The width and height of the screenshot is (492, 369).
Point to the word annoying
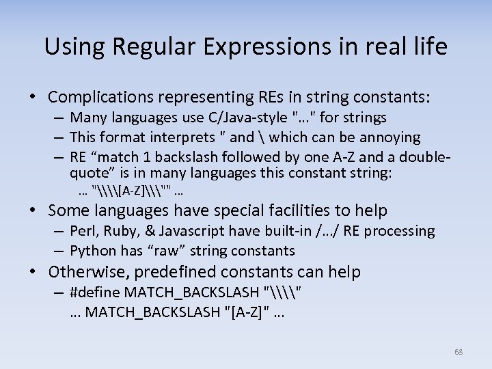392,137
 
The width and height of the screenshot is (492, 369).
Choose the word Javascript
184,231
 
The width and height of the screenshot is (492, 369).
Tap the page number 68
458,352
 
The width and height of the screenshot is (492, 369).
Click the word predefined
173,272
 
